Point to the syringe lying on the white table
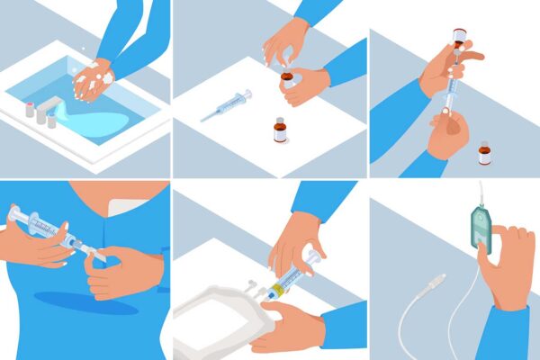225,105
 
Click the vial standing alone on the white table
280,130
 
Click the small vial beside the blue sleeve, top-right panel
485,151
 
